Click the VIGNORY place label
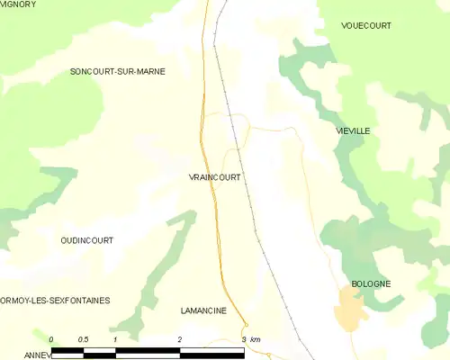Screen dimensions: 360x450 (x=18, y=4)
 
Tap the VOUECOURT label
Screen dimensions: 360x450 (x=366, y=26)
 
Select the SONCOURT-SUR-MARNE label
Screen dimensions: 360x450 (x=118, y=71)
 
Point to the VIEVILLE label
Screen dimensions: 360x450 (x=352, y=130)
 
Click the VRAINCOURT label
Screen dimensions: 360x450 (x=214, y=177)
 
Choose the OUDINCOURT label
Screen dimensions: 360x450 (x=86, y=240)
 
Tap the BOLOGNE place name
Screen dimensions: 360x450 (x=371, y=283)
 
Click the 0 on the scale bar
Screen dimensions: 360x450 (x=51, y=339)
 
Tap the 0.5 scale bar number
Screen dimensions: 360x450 (x=83, y=339)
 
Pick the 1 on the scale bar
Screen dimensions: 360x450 (x=115, y=339)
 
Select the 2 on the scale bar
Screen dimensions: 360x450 (x=180, y=339)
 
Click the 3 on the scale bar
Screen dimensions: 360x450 (x=244, y=339)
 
